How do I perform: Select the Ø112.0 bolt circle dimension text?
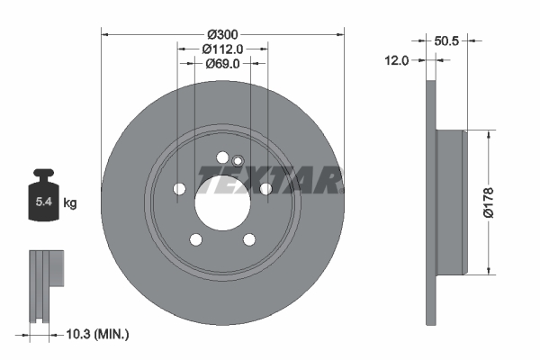[221, 49]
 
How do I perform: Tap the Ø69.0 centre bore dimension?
[221, 64]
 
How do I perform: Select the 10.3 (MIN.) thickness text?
[99, 334]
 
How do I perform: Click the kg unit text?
[70, 203]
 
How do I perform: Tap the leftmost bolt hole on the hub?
[179, 189]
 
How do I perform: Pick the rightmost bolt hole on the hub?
[265, 188]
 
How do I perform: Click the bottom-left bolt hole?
[195, 238]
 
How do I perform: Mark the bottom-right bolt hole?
[248, 238]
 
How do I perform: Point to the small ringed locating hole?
[238, 161]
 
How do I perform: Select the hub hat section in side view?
[450, 202]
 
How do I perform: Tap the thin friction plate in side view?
[430, 202]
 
